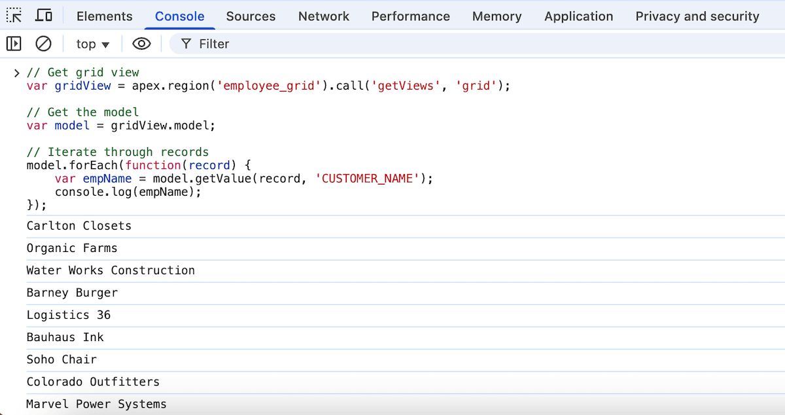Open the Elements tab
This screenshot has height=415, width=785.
pyautogui.click(x=104, y=16)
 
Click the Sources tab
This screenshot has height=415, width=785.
pyautogui.click(x=251, y=16)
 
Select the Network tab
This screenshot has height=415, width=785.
pyautogui.click(x=324, y=16)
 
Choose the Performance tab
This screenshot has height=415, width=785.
pyautogui.click(x=410, y=16)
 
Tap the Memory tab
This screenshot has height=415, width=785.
pyautogui.click(x=497, y=16)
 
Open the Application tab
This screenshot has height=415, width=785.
pyautogui.click(x=578, y=16)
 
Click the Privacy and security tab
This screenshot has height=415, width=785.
pyautogui.click(x=697, y=16)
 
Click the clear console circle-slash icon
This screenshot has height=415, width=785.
pyautogui.click(x=43, y=44)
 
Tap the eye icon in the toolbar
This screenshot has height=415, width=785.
pyautogui.click(x=141, y=44)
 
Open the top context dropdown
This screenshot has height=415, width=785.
pyautogui.click(x=92, y=44)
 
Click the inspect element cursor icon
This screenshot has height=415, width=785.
pyautogui.click(x=14, y=16)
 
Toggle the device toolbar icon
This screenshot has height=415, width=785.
pyautogui.click(x=44, y=16)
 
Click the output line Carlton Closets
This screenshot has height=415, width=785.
pyautogui.click(x=79, y=226)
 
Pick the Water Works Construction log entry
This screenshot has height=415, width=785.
pyautogui.click(x=111, y=270)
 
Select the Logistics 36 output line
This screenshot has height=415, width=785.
pyautogui.click(x=69, y=315)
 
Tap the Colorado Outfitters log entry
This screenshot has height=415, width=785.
pyautogui.click(x=93, y=382)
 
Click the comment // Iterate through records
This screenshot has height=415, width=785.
pyautogui.click(x=118, y=152)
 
